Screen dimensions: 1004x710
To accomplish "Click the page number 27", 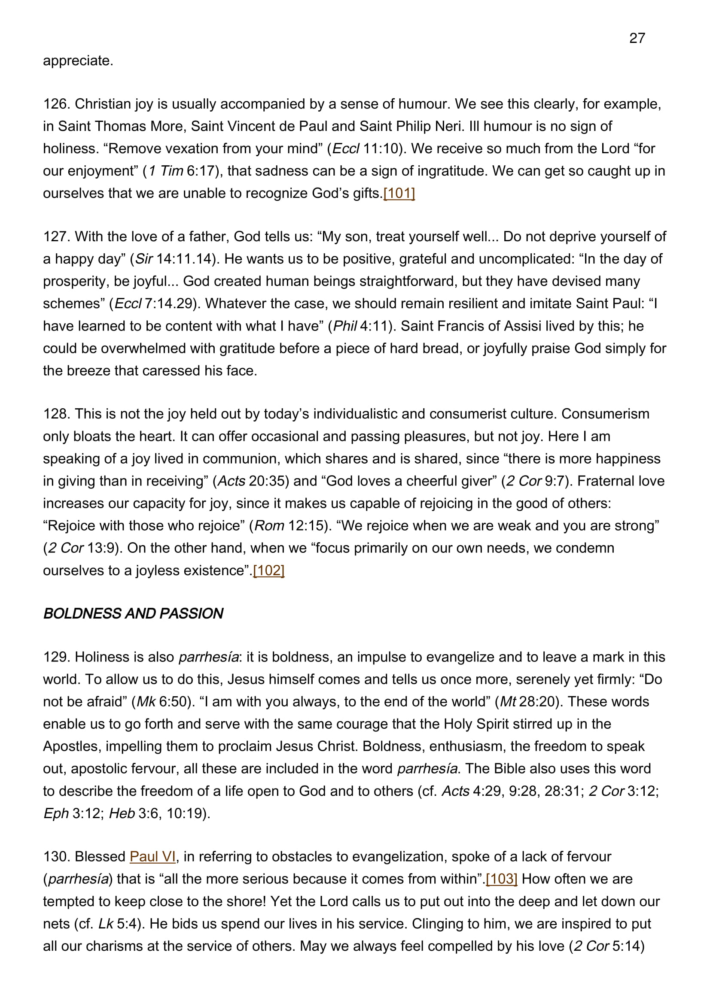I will [637, 39].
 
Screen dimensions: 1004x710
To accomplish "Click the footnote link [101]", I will [399, 193].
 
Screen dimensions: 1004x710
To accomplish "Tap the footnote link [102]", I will [268, 570].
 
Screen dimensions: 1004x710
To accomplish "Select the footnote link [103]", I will [501, 879].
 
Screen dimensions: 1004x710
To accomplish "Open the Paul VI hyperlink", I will [152, 856].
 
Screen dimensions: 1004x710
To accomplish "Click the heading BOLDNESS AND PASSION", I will [133, 613].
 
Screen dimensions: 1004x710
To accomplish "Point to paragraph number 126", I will [56, 104].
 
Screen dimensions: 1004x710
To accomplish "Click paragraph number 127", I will [56, 237].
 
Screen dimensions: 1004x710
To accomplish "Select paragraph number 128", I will [56, 414].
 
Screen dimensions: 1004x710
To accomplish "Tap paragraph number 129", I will [56, 657].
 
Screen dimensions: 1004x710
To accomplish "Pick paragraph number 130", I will [56, 856].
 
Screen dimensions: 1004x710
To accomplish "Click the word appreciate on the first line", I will [77, 61].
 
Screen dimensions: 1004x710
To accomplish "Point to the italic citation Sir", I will [144, 259].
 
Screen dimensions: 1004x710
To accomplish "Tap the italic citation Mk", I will [146, 701].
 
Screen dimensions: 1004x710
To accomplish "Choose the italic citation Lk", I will [106, 924].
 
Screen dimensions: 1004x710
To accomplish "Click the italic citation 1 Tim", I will [166, 170].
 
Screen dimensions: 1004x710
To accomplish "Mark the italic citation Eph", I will [56, 813].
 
